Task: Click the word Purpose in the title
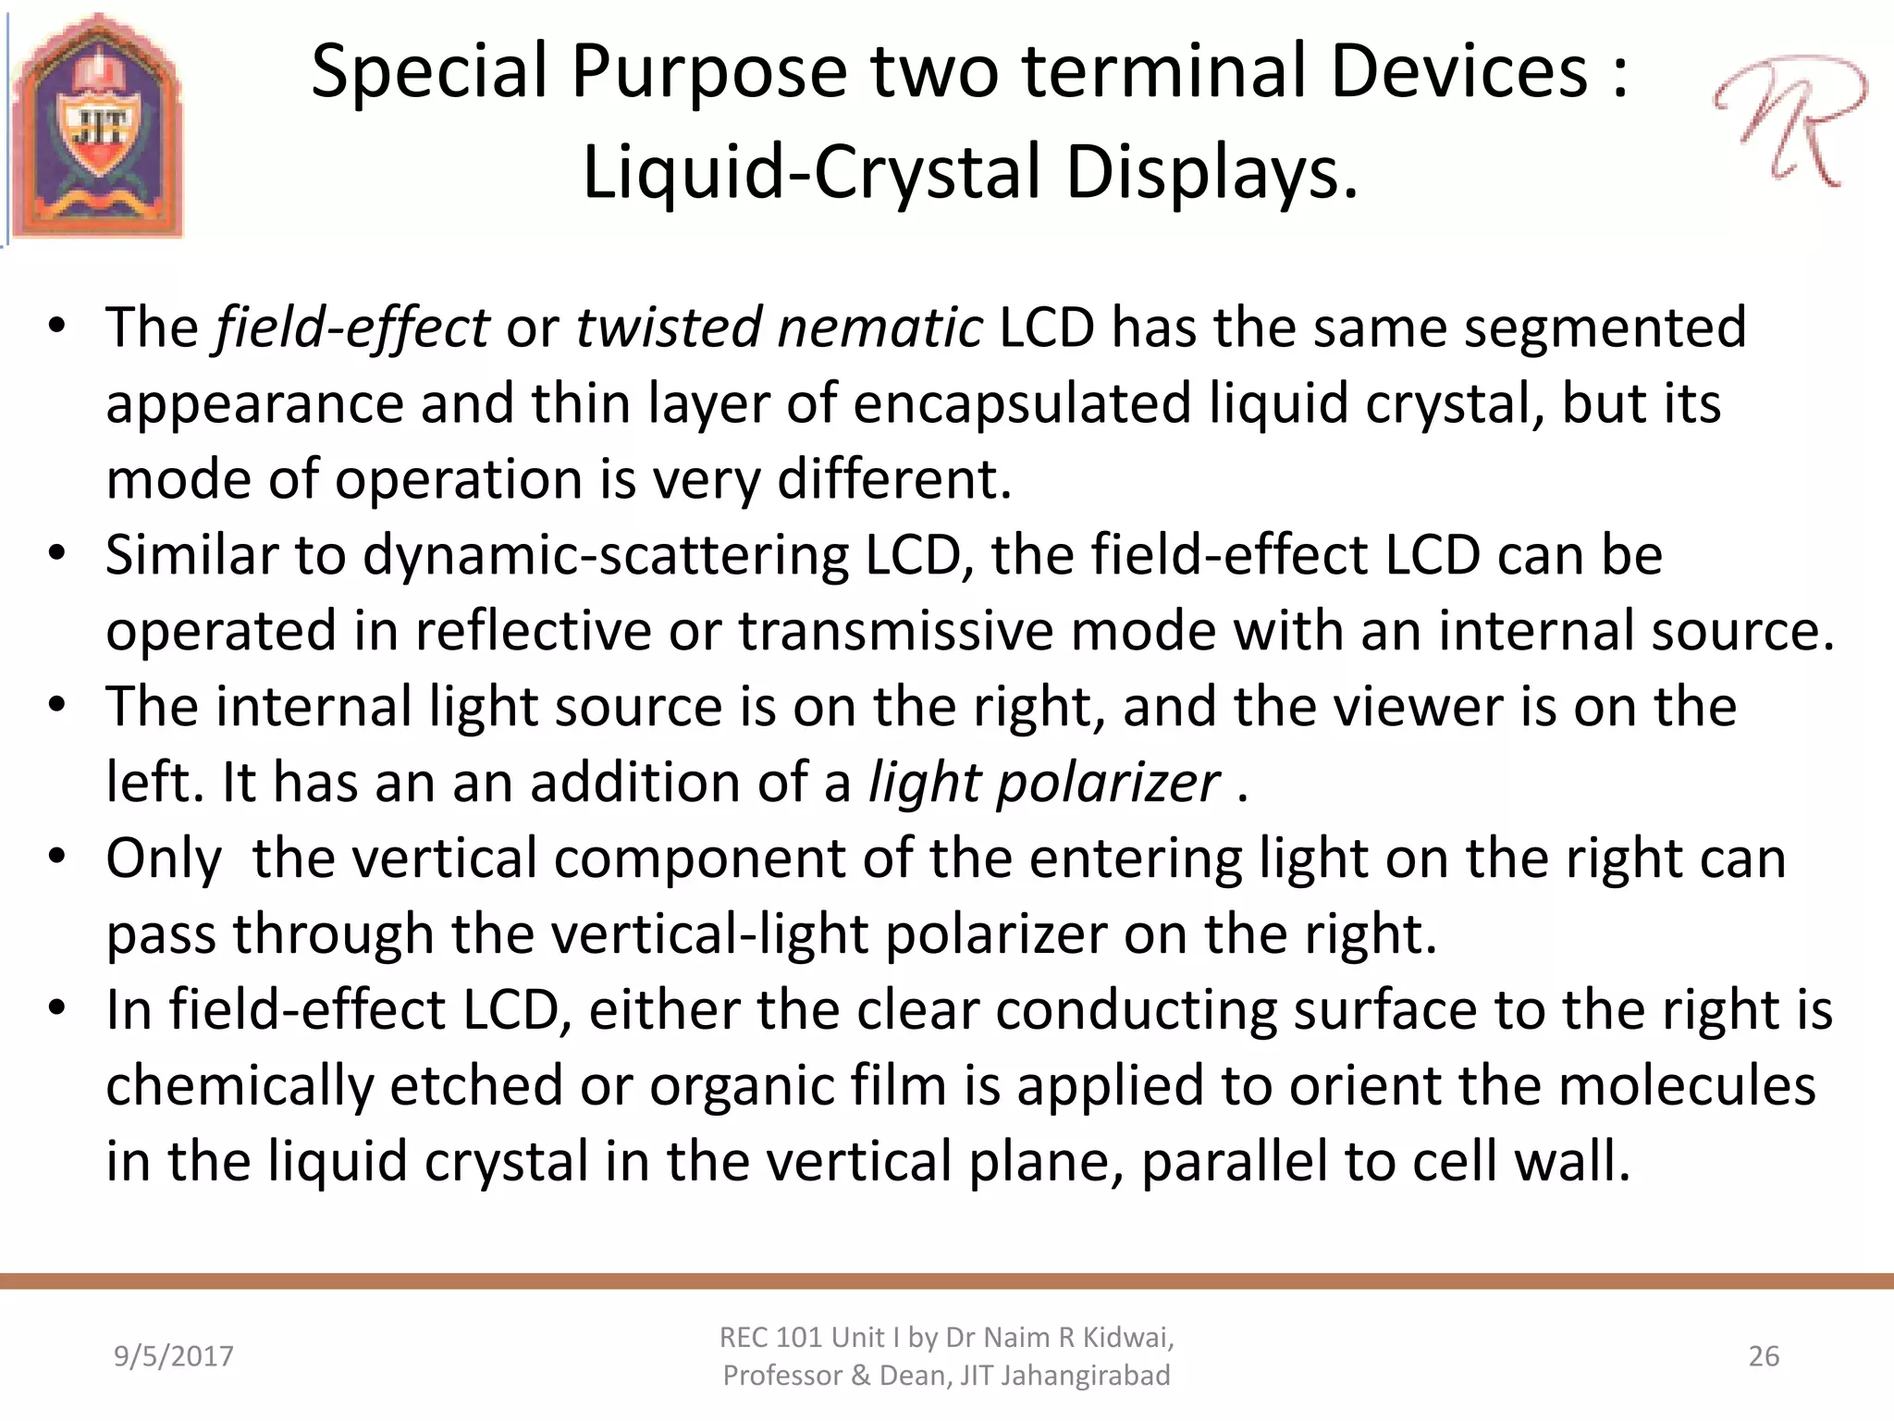pos(708,72)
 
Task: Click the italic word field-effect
pos(351,327)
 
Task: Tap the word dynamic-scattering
pos(605,555)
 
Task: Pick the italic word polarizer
pos(1108,783)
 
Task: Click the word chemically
pos(239,1086)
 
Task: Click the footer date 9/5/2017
pos(173,1356)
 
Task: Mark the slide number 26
pos(1764,1356)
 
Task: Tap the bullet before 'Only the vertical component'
pos(57,857)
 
